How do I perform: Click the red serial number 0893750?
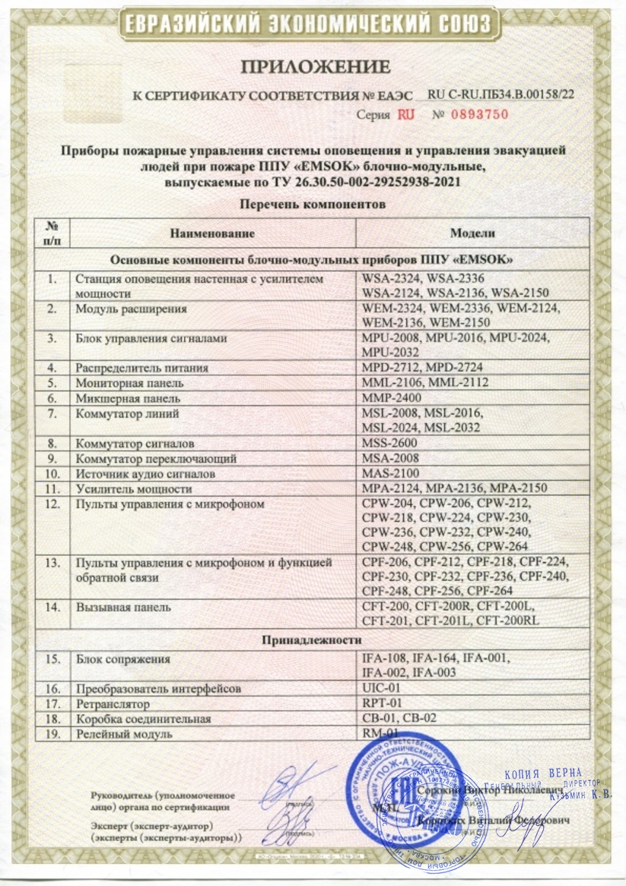coord(473,115)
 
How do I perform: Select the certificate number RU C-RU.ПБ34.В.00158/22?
coord(501,94)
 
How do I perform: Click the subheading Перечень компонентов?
coord(313,204)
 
